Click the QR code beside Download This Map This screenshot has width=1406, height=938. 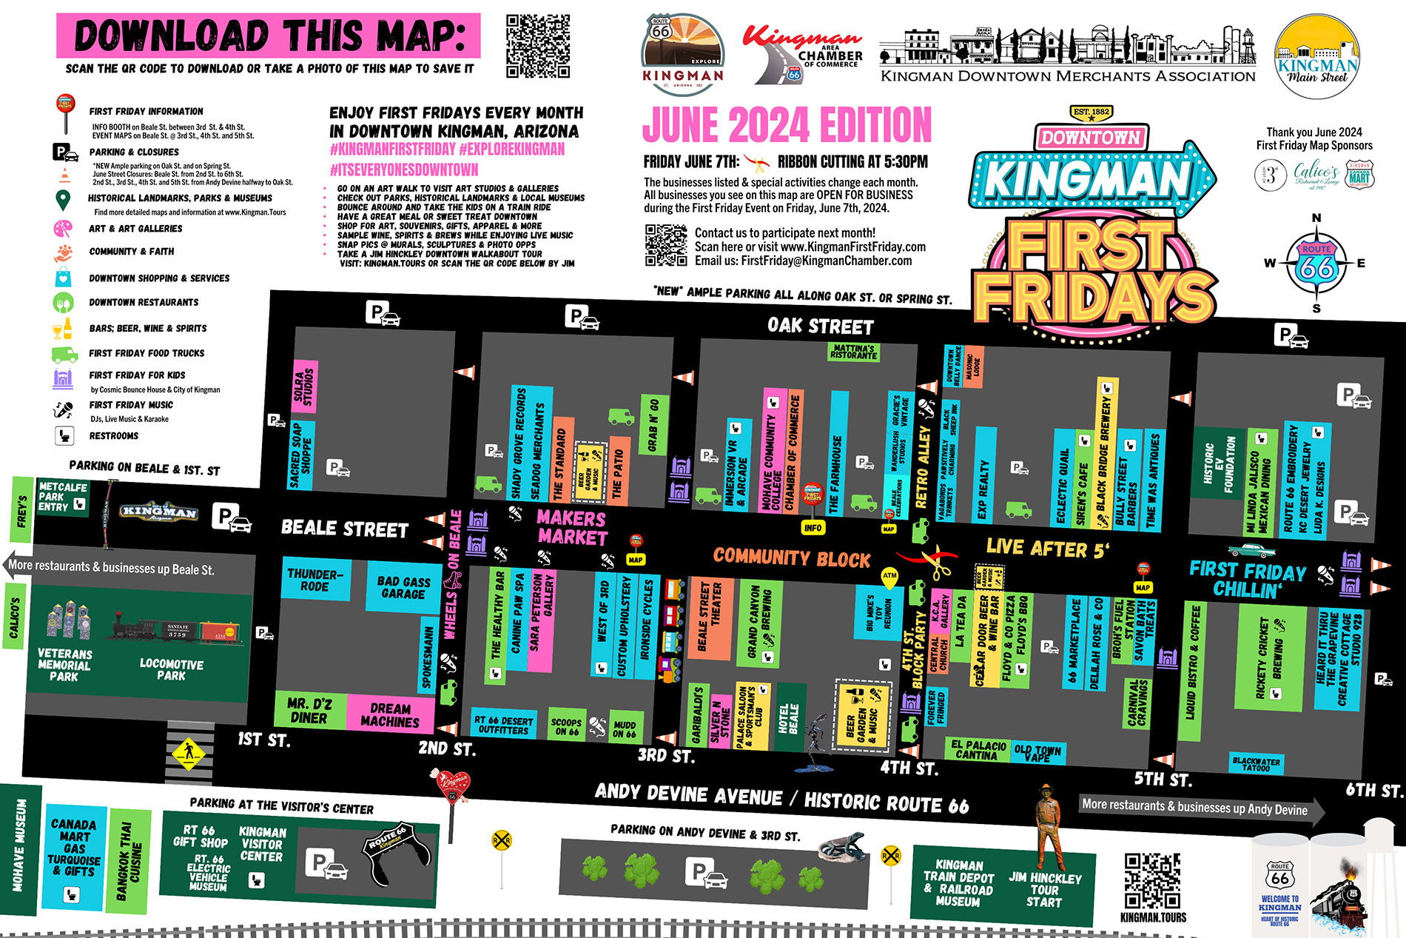[538, 46]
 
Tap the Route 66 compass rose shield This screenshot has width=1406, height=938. [1316, 263]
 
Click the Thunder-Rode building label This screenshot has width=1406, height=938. [314, 580]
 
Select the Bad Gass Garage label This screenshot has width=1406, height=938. [403, 587]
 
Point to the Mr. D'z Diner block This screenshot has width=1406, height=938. [309, 711]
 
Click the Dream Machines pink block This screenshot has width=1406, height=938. [390, 714]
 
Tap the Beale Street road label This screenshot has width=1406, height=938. [345, 529]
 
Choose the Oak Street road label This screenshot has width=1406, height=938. [820, 326]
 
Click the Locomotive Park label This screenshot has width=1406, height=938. [171, 669]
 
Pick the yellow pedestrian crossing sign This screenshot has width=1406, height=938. [189, 752]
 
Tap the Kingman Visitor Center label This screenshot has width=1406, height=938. [262, 844]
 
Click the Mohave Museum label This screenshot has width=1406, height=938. [19, 844]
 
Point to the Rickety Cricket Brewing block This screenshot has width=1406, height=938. [1269, 659]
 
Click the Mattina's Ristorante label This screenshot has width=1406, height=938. [853, 352]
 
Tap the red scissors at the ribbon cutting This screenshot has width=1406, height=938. [937, 562]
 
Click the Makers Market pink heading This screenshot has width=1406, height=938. [571, 527]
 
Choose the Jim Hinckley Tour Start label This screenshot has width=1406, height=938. [1044, 889]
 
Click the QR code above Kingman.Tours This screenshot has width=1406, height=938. [1152, 880]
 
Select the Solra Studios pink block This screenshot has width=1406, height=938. [304, 386]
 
